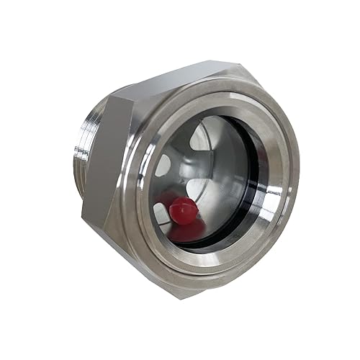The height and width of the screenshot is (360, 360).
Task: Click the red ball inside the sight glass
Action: (183, 210)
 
